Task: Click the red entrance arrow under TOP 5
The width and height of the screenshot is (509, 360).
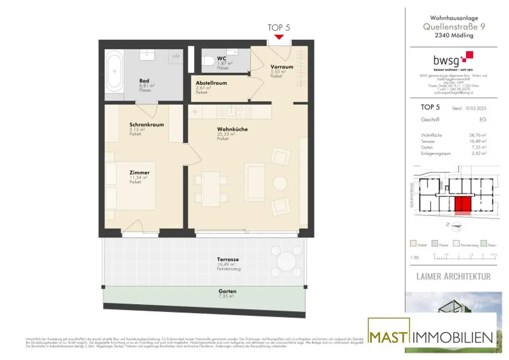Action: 279,36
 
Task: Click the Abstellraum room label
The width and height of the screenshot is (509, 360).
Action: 211,83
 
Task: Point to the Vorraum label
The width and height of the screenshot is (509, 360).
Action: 281,67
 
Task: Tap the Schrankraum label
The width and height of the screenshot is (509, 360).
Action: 146,125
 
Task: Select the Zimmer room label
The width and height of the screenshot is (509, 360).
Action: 139,173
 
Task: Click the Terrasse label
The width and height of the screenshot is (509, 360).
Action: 228,260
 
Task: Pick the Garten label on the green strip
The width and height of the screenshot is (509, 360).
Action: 227,291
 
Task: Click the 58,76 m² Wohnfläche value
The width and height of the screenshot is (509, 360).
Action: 478,135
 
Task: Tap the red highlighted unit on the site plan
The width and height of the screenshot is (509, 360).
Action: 462,205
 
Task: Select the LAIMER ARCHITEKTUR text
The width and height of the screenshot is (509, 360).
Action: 453,276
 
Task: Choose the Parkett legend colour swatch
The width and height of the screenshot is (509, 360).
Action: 413,244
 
